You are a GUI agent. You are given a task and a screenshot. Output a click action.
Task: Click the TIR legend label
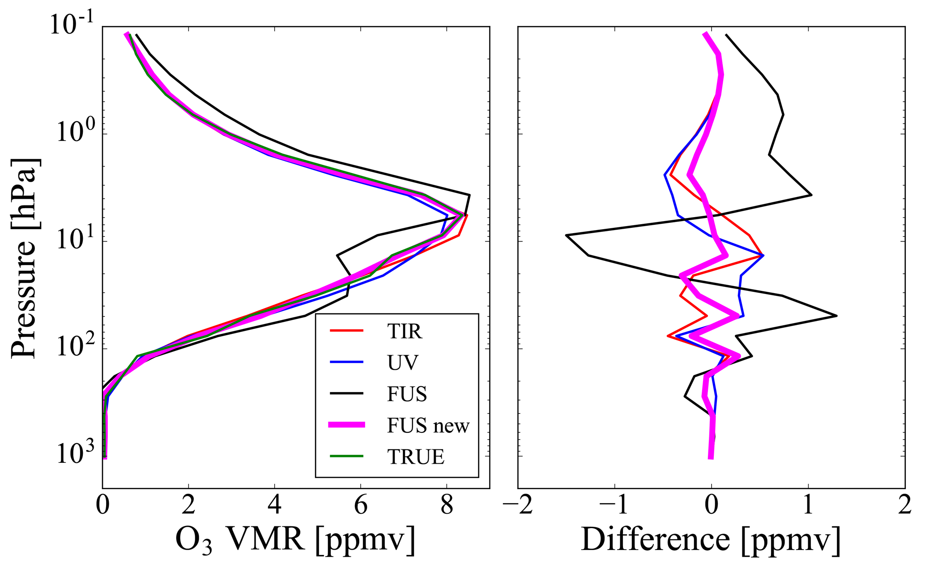pyautogui.click(x=405, y=332)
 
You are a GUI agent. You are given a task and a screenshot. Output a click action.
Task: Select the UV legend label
pyautogui.click(x=403, y=363)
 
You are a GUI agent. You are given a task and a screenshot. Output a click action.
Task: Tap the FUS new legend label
pyautogui.click(x=428, y=425)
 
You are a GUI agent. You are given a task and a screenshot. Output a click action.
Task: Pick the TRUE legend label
pyautogui.click(x=416, y=457)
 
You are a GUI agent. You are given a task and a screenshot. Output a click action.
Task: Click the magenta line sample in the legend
pyautogui.click(x=347, y=425)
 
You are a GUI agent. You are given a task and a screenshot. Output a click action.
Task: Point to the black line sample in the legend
pyautogui.click(x=347, y=394)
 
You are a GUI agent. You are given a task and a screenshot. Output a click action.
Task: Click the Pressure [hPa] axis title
pyautogui.click(x=25, y=258)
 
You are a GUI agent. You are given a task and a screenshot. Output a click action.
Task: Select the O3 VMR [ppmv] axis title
pyautogui.click(x=295, y=539)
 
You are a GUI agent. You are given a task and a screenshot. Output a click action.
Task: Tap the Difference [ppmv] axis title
pyautogui.click(x=711, y=539)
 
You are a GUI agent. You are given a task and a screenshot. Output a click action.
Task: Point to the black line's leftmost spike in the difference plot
pyautogui.click(x=567, y=235)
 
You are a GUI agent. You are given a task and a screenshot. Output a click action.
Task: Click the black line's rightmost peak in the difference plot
pyautogui.click(x=836, y=316)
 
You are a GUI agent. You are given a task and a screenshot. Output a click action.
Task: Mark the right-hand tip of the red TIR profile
pyautogui.click(x=467, y=216)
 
